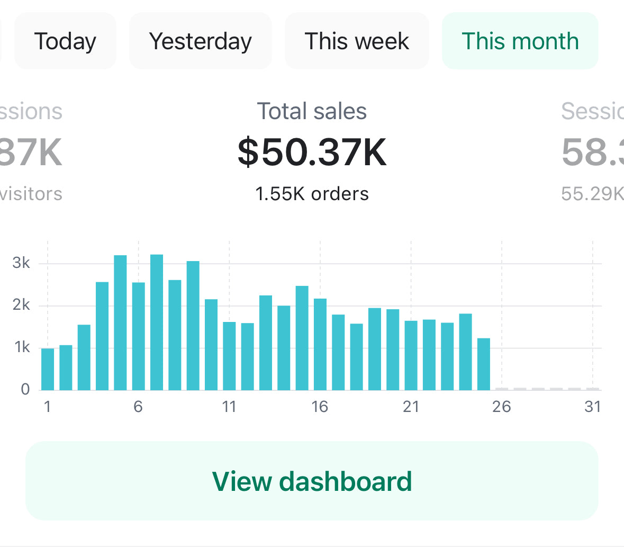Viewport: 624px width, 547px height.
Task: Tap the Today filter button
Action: (65, 41)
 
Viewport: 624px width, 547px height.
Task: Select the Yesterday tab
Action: (201, 41)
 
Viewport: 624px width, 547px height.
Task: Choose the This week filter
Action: (357, 41)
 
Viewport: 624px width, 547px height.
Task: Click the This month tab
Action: (520, 41)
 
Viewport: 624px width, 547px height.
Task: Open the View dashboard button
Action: (312, 481)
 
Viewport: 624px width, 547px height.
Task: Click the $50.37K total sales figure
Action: (312, 152)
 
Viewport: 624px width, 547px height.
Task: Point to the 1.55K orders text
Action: (312, 194)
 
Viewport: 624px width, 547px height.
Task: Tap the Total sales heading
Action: (312, 112)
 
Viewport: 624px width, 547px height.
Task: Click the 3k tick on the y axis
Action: (21, 263)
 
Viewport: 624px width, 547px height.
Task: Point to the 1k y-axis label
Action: (22, 347)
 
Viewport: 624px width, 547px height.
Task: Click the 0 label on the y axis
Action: (25, 390)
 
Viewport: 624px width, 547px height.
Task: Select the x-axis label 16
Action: (320, 407)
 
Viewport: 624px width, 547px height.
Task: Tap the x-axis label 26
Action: (501, 407)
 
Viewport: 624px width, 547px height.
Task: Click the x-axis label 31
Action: (592, 407)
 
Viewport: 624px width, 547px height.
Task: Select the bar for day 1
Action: (48, 370)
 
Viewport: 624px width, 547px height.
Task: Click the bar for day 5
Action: (120, 323)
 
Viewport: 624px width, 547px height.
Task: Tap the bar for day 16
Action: (320, 344)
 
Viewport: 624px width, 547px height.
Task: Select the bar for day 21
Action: (411, 355)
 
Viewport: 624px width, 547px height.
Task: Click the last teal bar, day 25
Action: (483, 364)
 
